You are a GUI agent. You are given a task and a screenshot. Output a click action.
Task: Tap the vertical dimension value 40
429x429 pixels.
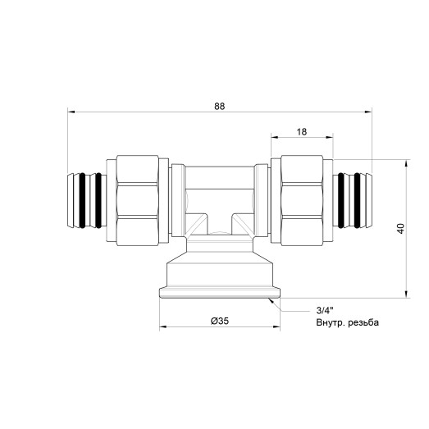[x=399, y=229]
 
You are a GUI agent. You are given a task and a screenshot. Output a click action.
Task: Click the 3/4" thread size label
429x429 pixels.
[x=326, y=311]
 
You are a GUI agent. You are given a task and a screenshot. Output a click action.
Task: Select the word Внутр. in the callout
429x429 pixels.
[x=333, y=323]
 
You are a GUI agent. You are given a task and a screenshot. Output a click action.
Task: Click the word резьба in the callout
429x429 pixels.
[x=365, y=323]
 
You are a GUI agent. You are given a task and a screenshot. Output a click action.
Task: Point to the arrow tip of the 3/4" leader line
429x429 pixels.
[x=267, y=299]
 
